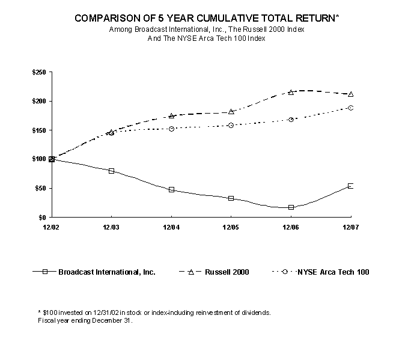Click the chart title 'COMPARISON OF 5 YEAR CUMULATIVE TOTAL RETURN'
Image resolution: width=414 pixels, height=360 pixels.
coord(206,19)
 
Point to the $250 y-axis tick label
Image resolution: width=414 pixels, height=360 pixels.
coord(39,72)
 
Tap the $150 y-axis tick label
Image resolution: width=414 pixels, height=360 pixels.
coord(39,130)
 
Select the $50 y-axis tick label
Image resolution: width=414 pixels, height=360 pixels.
coord(41,188)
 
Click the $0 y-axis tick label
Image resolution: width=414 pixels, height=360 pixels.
coord(43,217)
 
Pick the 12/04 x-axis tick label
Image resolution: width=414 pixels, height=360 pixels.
coord(171,227)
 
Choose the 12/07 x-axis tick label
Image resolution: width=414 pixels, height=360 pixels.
coord(350,227)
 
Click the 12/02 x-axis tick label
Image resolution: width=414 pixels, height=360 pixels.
coord(52,227)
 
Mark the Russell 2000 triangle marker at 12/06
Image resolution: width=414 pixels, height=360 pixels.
coord(291,92)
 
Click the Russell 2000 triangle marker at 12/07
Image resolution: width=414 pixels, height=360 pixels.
coord(350,94)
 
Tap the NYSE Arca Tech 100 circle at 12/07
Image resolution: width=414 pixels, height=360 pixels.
coord(350,108)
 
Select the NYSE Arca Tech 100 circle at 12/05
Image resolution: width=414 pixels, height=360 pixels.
coord(231,126)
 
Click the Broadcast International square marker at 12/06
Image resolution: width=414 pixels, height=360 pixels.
coord(291,207)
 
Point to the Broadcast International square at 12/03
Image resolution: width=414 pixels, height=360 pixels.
coord(111,171)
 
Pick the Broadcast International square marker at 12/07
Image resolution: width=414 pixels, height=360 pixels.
coord(350,186)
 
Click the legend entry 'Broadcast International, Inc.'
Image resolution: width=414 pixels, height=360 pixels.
coord(107,272)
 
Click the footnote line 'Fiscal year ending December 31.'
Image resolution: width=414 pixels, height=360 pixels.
coord(84,320)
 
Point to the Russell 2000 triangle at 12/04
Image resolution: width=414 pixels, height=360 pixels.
coord(171,116)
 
